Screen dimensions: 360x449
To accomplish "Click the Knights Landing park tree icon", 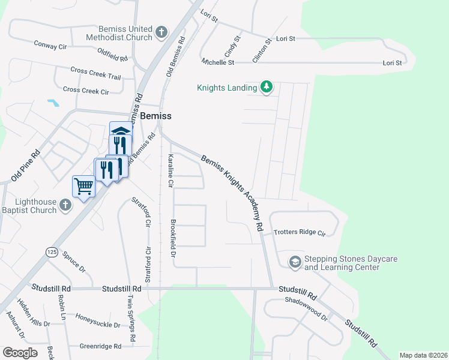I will (267, 88).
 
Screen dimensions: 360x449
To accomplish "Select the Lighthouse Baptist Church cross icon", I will (65, 206).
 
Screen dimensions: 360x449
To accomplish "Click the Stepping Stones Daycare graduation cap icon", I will (295, 262).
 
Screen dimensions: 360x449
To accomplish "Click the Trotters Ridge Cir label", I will (299, 232).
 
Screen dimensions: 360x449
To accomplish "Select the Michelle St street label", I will (218, 62).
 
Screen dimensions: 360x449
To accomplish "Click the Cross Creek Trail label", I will (95, 77).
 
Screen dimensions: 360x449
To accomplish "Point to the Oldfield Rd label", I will (112, 58).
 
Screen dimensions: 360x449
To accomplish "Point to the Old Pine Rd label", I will (25, 166).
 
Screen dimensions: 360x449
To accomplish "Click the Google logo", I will (20, 352).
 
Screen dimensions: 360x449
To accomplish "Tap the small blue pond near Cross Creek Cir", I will (53, 103).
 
